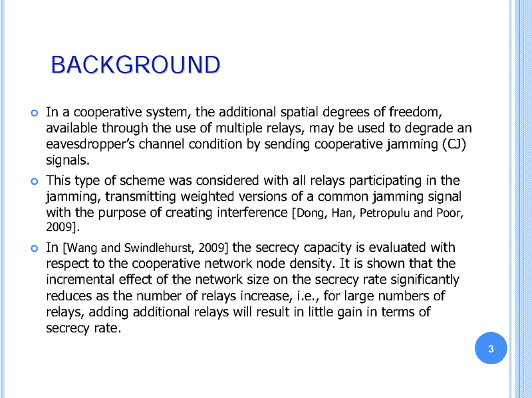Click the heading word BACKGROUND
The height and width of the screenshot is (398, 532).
click(135, 65)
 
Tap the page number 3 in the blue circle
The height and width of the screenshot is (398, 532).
click(491, 349)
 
